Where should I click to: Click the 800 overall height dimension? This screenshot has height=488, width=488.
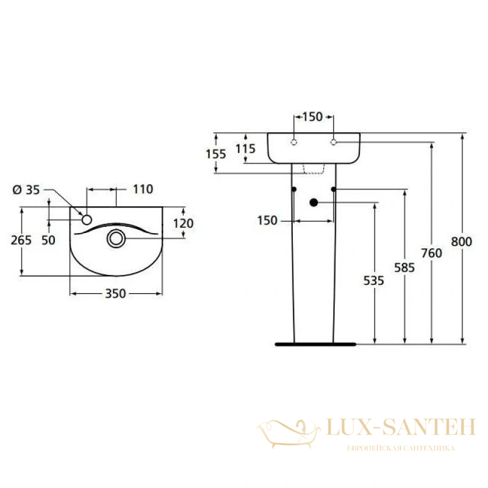coord(462,242)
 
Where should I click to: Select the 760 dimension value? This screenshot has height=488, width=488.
coord(431,253)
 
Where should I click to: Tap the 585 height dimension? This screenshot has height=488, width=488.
coord(404,268)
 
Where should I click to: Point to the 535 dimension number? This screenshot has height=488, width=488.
coord(374,281)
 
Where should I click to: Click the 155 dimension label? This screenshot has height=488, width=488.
coord(216,154)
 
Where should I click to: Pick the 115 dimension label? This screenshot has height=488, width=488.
coord(246,149)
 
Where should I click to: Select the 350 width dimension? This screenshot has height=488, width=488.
coord(115,293)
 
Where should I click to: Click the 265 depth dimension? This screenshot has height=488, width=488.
coord(21,240)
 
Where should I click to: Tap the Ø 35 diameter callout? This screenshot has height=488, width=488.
coord(26,190)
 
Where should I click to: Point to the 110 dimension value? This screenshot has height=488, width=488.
coord(143,189)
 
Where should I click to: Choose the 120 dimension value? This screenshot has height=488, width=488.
coord(184,223)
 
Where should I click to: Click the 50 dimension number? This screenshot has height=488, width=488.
coord(48,240)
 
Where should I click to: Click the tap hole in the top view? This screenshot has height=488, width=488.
coord(87,220)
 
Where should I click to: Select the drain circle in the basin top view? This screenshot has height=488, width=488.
coord(116,239)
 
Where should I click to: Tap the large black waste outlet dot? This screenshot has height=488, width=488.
coord(314,203)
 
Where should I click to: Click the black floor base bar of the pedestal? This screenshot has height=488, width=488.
coord(315,344)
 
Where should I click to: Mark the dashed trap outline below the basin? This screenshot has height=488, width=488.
coord(314,168)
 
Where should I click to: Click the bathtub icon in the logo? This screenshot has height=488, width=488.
coord(289,433)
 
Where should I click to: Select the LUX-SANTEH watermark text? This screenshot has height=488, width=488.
coord(401,427)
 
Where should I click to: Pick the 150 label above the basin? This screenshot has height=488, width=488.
coord(312,117)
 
